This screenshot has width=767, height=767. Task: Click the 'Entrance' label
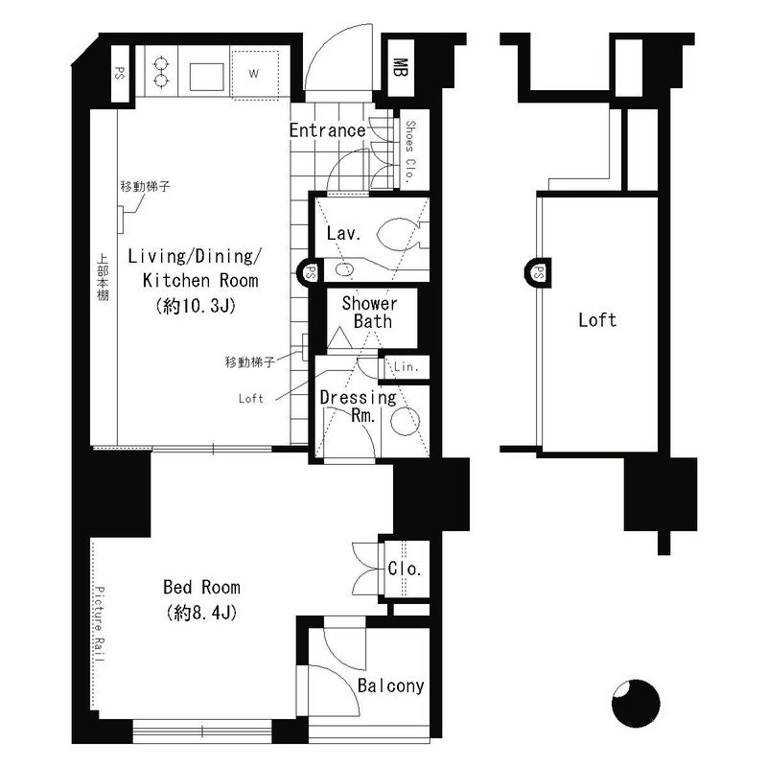[326, 130]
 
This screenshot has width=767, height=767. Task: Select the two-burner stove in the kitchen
[160, 70]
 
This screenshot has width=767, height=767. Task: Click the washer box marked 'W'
[253, 73]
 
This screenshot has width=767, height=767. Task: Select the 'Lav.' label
[342, 233]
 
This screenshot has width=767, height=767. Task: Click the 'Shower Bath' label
[372, 313]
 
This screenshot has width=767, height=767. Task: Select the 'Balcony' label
[390, 686]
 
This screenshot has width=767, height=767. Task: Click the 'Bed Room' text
[201, 587]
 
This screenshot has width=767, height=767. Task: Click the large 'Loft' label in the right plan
[596, 320]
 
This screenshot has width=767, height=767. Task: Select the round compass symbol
[636, 705]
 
